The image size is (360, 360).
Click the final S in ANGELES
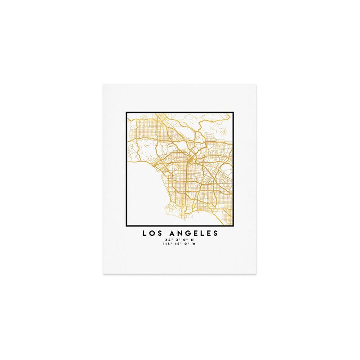click(x=216, y=233)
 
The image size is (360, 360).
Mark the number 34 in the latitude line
click(x=168, y=239)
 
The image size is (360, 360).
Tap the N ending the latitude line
click(x=193, y=239)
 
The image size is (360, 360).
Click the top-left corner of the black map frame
click(x=126, y=112)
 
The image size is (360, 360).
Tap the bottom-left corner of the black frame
click(x=126, y=225)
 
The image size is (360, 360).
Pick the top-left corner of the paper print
click(x=103, y=84)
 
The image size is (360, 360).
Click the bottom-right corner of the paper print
click(x=256, y=273)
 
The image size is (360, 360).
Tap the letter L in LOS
click(x=145, y=233)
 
